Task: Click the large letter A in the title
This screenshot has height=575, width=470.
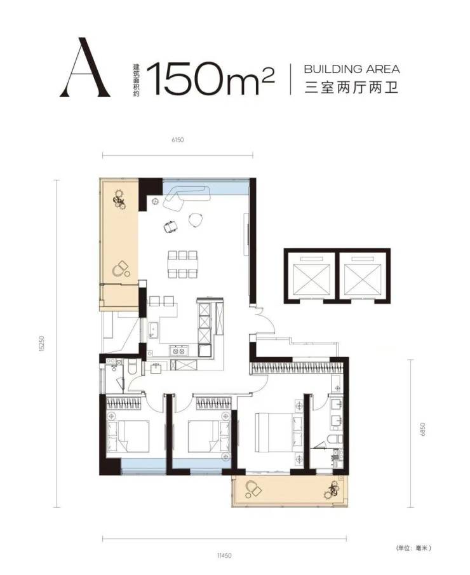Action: [x=85, y=67]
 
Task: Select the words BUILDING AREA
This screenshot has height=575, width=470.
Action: [x=352, y=69]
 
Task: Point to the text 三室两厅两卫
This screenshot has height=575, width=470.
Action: [x=352, y=88]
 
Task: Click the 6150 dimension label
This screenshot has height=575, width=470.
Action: [x=177, y=140]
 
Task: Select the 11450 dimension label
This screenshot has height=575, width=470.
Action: [x=224, y=555]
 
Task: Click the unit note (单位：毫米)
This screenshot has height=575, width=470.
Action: [x=413, y=548]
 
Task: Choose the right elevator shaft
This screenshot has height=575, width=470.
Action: [x=365, y=275]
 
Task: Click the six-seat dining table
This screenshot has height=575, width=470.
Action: [x=183, y=264]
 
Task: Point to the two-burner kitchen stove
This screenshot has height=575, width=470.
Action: [x=178, y=351]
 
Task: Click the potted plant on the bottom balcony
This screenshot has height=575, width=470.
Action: [x=333, y=490]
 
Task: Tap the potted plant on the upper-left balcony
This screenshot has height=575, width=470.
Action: [x=119, y=198]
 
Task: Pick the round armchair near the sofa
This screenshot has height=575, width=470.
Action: [x=196, y=219]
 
